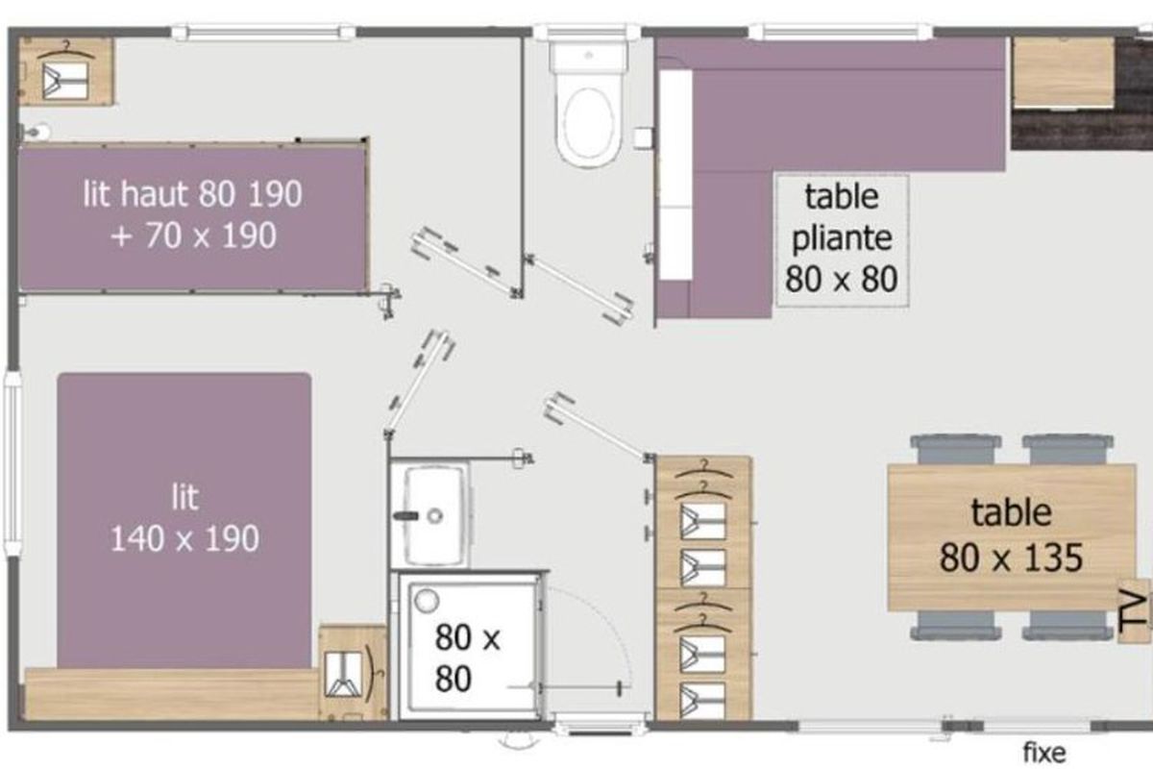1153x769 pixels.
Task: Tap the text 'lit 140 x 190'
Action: (184, 518)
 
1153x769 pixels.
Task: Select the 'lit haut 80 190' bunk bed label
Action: (192, 194)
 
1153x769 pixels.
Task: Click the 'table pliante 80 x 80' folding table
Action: (842, 241)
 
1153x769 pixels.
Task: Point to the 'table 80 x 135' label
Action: (1012, 535)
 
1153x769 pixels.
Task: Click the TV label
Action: (1134, 610)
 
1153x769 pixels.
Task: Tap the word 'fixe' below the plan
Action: (1043, 753)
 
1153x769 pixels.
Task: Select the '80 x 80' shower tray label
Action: (467, 658)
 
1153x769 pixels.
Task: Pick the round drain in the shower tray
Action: (427, 601)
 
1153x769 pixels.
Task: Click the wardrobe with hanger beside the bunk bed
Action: (66, 71)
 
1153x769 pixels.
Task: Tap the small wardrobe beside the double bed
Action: (354, 673)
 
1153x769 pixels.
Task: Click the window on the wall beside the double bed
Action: (12, 463)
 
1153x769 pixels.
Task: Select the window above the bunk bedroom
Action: (263, 33)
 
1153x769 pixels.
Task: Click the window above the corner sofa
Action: (841, 32)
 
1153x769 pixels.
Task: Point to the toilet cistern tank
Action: (589, 57)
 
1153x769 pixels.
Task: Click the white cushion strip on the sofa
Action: (675, 175)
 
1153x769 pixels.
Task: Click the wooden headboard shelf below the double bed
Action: (172, 694)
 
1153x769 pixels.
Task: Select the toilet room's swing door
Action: (578, 289)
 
